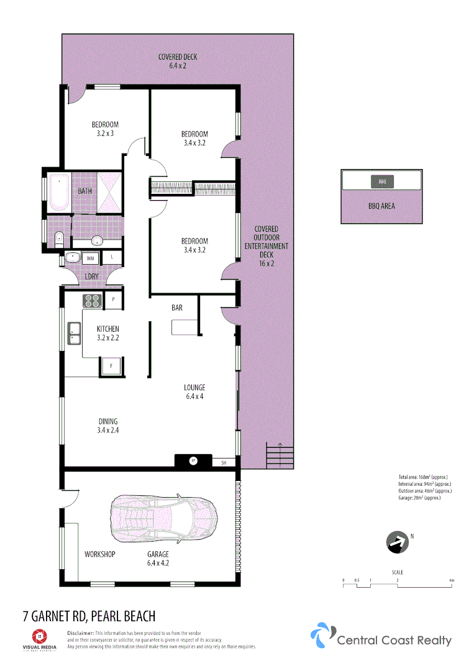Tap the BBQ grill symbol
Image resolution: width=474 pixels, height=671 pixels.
(x=382, y=181)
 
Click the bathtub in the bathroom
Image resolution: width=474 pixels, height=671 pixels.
(x=60, y=191)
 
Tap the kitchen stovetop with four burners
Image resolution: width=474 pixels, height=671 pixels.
(x=93, y=301)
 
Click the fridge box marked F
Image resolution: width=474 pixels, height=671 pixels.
(x=112, y=367)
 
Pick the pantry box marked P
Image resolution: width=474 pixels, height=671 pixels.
(x=113, y=299)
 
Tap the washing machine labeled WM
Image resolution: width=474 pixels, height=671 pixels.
(x=90, y=258)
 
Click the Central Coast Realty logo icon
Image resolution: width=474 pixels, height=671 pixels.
(x=321, y=635)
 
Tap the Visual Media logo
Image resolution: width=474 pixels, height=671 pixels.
(x=39, y=639)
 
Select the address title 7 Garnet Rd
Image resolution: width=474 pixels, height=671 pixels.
(x=89, y=616)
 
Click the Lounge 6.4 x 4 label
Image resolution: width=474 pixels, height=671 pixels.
(x=194, y=392)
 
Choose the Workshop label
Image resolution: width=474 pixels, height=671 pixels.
(x=99, y=554)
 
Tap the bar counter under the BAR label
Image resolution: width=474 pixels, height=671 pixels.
(x=185, y=327)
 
